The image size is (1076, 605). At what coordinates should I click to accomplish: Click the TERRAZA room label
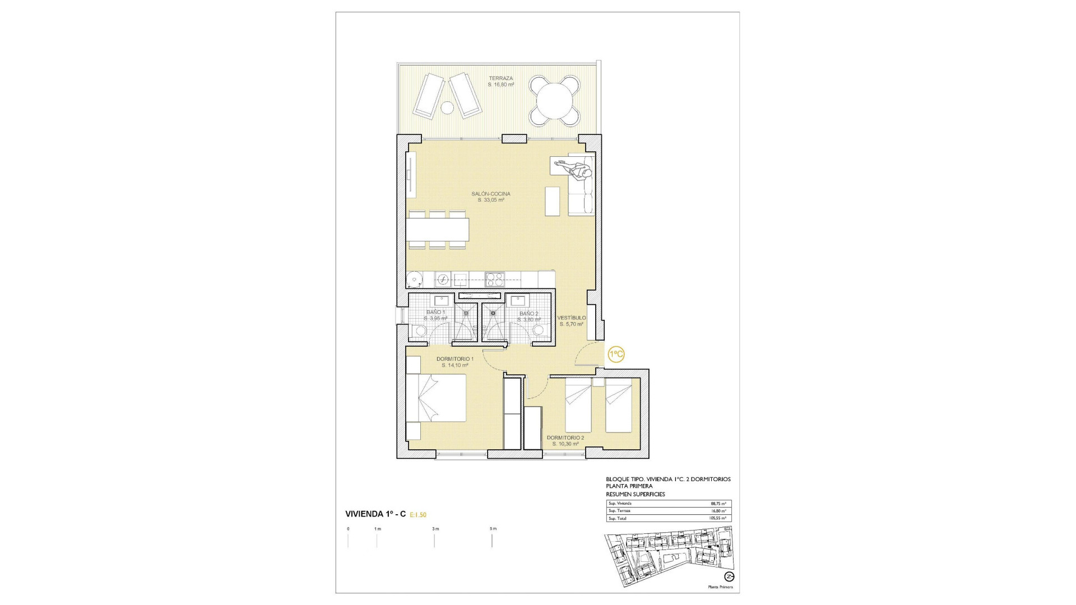click(500, 78)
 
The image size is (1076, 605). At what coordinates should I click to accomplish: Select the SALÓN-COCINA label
click(491, 194)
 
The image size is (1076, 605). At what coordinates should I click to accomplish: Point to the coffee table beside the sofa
click(553, 201)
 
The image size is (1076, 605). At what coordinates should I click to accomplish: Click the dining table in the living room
click(438, 229)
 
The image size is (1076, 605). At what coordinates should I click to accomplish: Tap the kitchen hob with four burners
click(494, 278)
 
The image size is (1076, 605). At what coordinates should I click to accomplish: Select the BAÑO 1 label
click(435, 312)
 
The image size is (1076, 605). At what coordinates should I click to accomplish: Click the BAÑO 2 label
click(528, 314)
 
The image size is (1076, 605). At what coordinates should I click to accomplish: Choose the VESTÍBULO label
click(571, 318)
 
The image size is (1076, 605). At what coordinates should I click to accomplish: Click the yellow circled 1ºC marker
click(616, 355)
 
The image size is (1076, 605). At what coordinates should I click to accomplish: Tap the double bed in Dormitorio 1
click(436, 398)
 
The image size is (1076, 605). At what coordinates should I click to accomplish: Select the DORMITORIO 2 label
click(565, 438)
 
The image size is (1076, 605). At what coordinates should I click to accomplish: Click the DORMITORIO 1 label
click(454, 359)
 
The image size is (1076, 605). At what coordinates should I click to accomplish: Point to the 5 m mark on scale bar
click(493, 529)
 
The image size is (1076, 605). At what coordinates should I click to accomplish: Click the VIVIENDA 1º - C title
click(375, 514)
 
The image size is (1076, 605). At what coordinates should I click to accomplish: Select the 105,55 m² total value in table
click(717, 518)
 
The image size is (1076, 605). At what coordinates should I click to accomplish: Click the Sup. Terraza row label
click(619, 511)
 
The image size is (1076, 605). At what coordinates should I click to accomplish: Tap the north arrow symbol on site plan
click(729, 576)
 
